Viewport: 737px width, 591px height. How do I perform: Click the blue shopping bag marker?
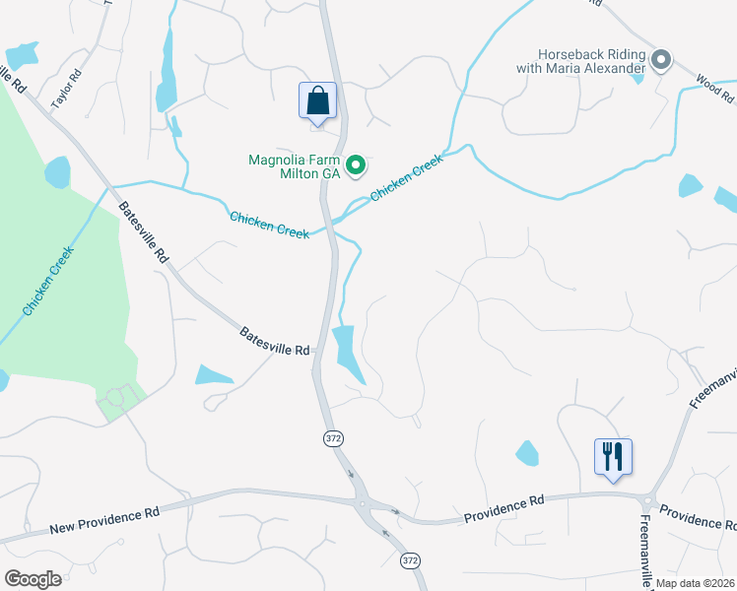point(317,101)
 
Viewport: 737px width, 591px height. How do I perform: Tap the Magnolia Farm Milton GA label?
point(294,165)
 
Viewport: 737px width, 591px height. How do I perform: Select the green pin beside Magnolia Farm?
point(358,164)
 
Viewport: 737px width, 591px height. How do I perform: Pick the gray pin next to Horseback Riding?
point(661,61)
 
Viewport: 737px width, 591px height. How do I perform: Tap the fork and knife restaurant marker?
point(613,457)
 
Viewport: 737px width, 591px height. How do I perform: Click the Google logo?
point(33,579)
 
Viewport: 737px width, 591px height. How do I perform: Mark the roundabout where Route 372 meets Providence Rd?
point(363,504)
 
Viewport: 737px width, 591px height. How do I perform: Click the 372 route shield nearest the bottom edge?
point(410,559)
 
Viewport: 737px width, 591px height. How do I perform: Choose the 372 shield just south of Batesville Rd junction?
point(334,436)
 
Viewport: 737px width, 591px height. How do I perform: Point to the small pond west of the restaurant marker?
point(527,453)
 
